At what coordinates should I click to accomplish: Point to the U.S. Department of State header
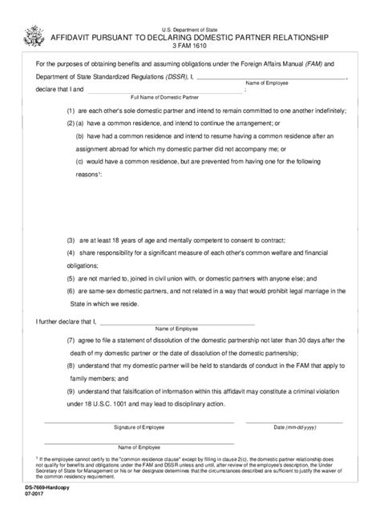(189, 27)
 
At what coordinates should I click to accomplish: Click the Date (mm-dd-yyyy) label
(294, 429)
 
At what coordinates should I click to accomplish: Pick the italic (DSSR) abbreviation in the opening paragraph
(167, 76)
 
